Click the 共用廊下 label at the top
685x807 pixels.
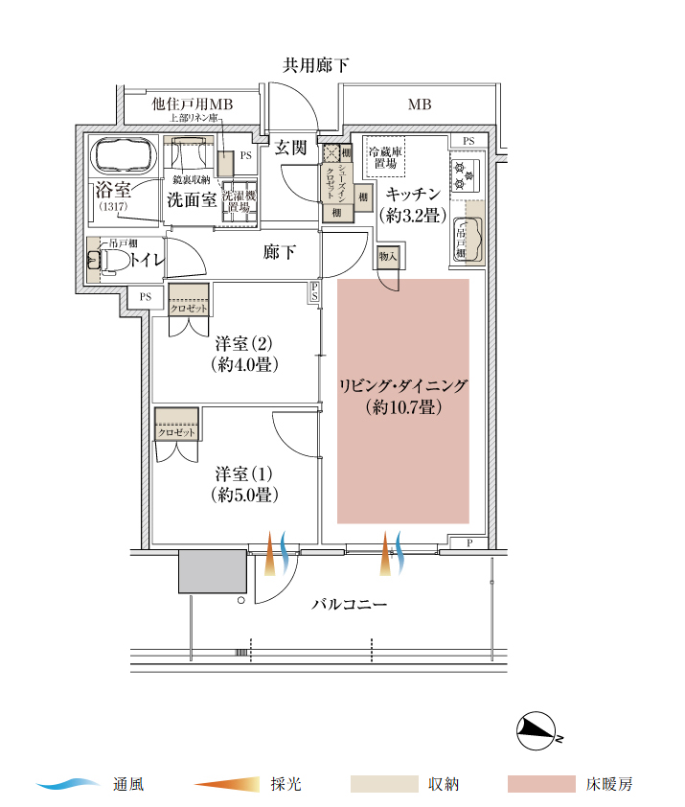[x=315, y=66]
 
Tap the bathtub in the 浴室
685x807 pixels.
[x=122, y=154]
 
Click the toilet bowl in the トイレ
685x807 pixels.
[x=98, y=258]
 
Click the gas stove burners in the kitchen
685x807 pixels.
[x=465, y=173]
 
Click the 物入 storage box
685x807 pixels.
[x=387, y=257]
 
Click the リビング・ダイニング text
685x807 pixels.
[x=402, y=386]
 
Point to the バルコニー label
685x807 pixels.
[x=349, y=605]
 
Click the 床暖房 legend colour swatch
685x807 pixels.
[x=541, y=784]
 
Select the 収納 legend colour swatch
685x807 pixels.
[x=384, y=784]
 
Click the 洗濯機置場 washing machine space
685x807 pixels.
[x=240, y=200]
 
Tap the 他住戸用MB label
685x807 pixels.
[x=193, y=104]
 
